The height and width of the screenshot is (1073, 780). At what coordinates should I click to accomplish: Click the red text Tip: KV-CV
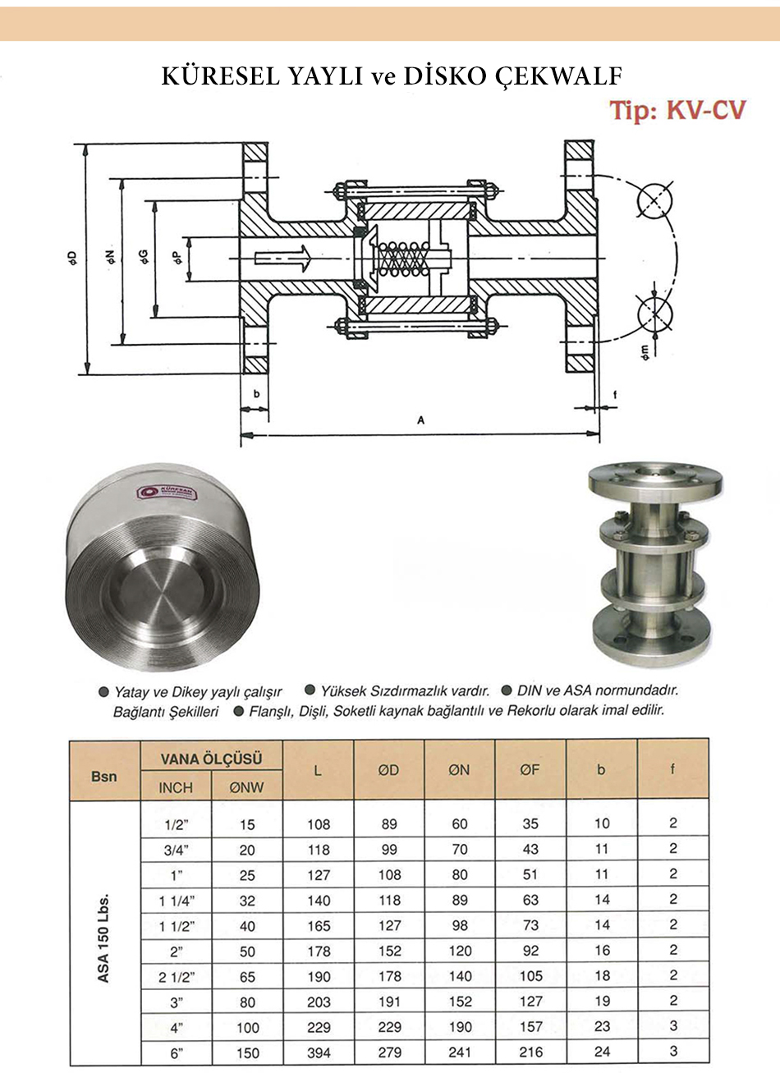point(677,111)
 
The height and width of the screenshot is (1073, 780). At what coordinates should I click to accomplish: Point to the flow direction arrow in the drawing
point(283,258)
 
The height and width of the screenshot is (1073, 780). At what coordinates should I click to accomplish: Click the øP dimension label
point(177,258)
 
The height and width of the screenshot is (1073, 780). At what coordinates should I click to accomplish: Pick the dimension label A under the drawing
point(420,420)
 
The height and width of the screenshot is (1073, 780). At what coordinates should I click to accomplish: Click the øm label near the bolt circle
point(645,352)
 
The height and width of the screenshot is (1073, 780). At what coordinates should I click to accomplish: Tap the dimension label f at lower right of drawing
point(615,395)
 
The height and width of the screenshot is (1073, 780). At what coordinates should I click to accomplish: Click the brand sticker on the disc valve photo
point(166,493)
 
